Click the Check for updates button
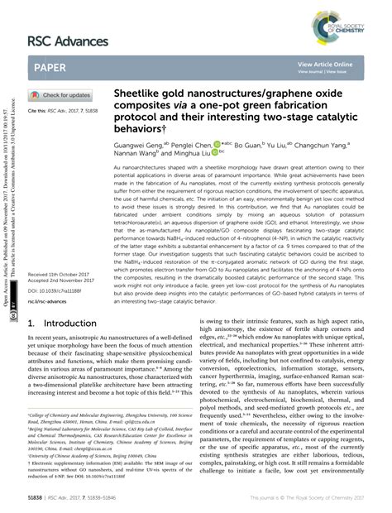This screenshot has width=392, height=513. (x=60, y=95)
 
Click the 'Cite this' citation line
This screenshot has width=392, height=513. (x=63, y=110)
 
